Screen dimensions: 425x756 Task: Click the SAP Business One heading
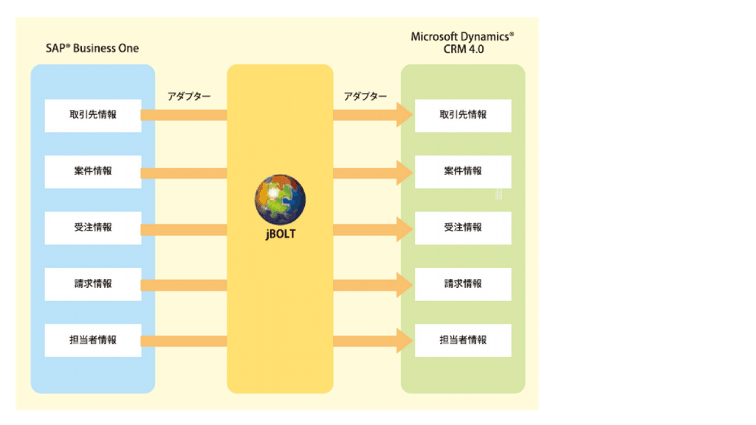92,49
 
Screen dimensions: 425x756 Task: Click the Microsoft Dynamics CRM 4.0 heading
463,43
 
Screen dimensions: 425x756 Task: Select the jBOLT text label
280,234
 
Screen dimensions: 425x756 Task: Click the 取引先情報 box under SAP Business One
93,115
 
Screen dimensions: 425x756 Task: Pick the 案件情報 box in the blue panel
93,171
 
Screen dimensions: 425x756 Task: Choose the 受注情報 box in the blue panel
93,227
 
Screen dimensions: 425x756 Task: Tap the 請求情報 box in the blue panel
93,284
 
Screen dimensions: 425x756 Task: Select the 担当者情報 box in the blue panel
93,340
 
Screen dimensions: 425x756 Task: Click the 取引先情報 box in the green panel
463,115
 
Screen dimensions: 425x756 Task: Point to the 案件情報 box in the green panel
463,171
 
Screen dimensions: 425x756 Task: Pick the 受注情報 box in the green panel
463,227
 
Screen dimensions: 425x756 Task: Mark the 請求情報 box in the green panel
463,284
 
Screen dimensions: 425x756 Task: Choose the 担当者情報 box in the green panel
463,340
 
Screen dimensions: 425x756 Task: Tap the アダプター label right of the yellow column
365,97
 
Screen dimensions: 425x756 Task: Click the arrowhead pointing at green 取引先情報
403,115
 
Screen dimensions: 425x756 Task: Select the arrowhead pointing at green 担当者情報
403,340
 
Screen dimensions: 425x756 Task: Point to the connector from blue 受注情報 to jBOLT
184,229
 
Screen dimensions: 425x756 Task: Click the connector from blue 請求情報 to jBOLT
184,285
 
